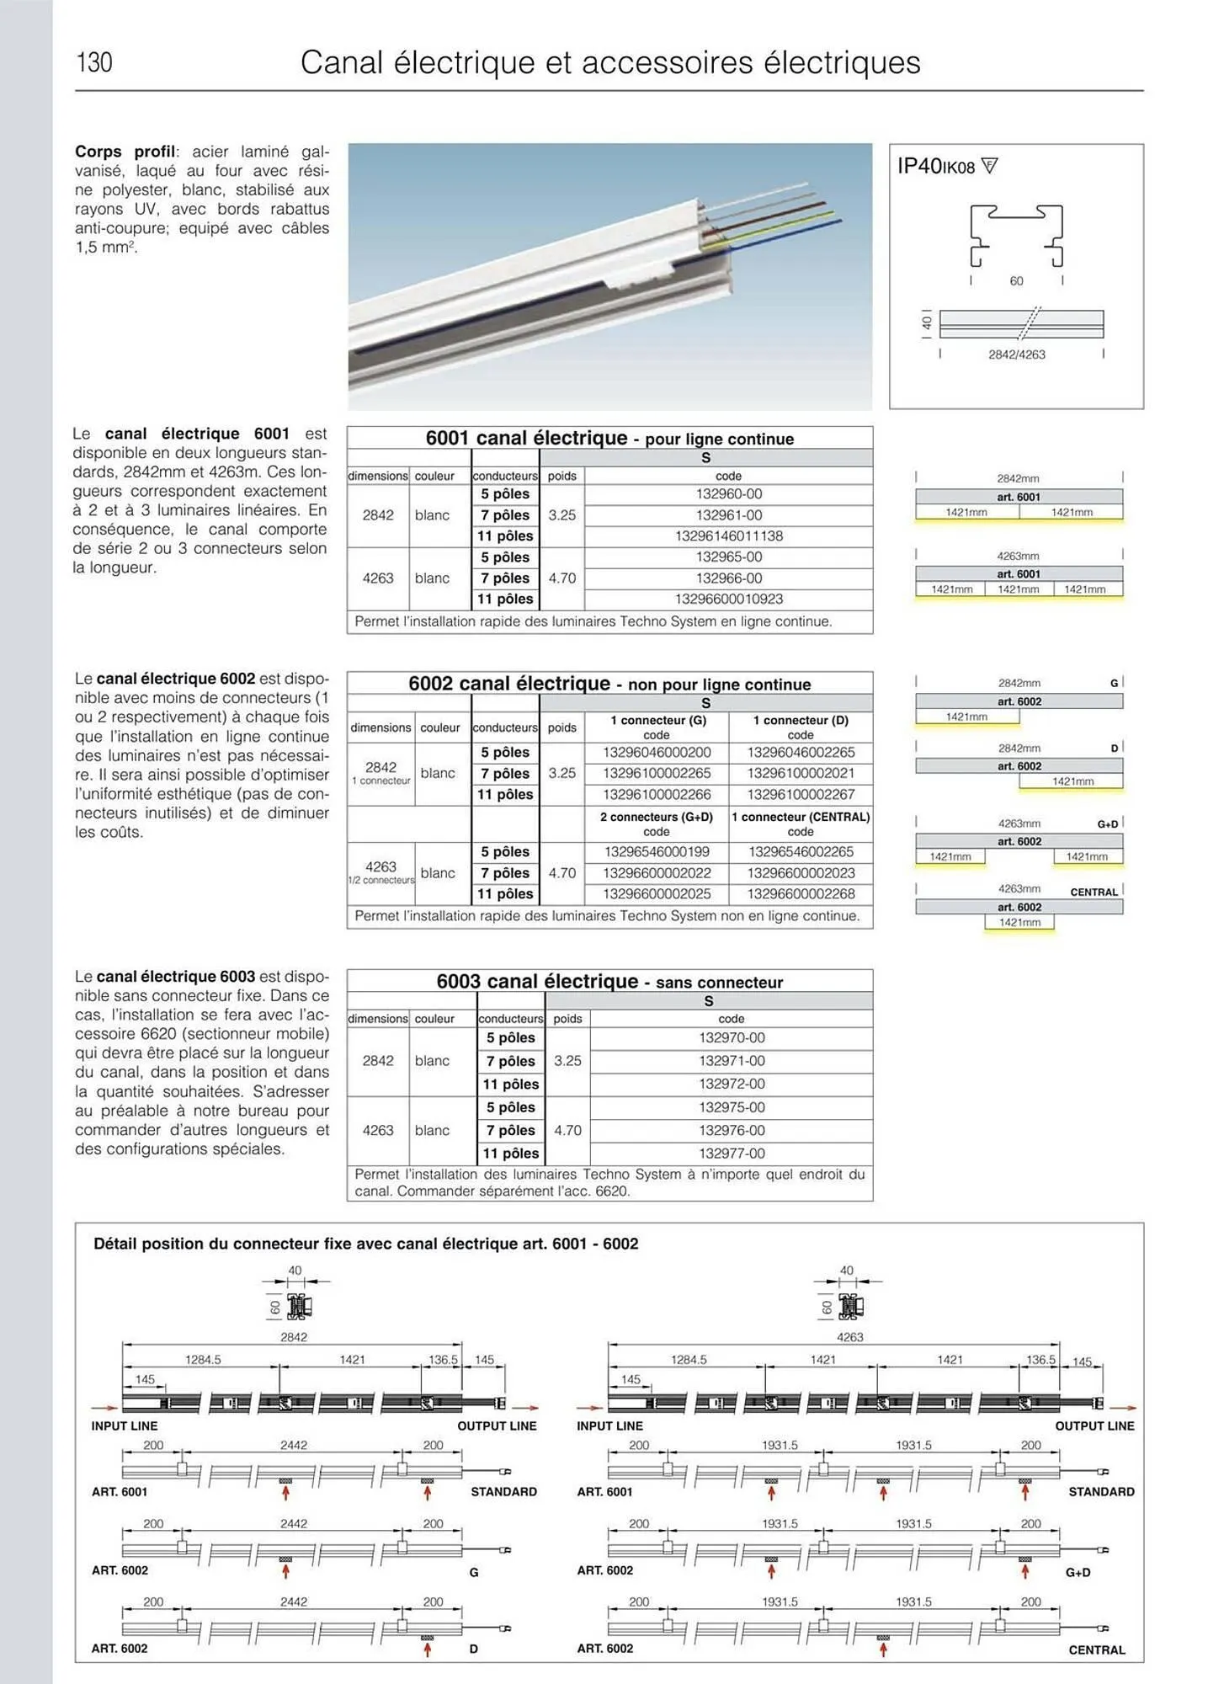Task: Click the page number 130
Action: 94,62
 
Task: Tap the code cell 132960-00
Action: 729,494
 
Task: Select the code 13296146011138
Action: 729,536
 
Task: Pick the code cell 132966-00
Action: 729,578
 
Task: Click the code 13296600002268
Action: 801,894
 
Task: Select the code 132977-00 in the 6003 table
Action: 732,1154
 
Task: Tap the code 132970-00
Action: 732,1038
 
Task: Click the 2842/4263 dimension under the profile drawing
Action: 1017,354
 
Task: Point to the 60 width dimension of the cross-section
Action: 1017,281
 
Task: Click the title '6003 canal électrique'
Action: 537,982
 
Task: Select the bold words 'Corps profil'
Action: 125,152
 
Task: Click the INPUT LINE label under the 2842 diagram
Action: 125,1426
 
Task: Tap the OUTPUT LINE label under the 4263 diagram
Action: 1094,1426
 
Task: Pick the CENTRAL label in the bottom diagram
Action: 1097,1650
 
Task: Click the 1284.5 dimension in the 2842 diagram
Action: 203,1360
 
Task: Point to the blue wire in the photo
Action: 800,227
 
